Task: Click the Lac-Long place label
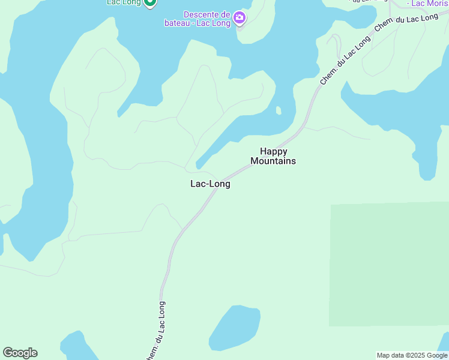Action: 210,184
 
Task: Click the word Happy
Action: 273,151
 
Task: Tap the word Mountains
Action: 273,161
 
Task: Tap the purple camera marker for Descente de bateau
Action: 240,17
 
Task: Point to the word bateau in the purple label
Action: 178,23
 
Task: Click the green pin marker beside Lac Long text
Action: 151,2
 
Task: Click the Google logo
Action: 20,353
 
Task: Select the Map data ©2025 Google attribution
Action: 412,355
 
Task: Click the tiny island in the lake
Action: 279,110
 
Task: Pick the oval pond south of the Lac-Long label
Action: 235,327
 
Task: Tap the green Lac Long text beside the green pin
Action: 124,2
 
